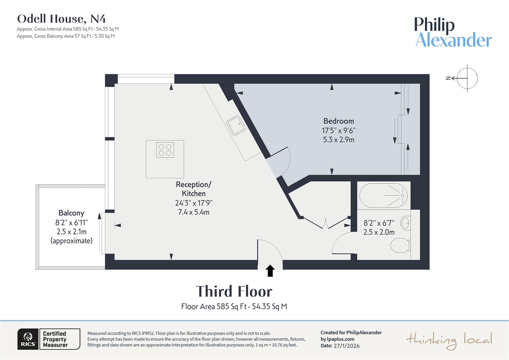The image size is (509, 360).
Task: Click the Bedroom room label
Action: tap(338, 121)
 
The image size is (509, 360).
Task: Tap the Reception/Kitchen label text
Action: tap(194, 189)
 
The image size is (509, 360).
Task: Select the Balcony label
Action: tap(71, 213)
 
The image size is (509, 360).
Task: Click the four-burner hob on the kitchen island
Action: tap(165, 150)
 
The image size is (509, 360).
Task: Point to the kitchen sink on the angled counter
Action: tap(236, 125)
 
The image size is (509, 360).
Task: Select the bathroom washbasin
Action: tap(405, 223)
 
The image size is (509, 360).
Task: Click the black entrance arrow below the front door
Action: tap(270, 271)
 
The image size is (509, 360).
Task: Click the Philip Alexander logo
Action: tap(453, 32)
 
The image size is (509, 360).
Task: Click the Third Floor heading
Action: tap(234, 291)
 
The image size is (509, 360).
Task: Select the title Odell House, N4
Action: tap(61, 19)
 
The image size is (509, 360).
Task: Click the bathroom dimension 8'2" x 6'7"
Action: tap(379, 223)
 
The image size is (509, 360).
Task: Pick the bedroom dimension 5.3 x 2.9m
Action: tap(338, 140)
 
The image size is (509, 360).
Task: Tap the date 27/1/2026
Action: tap(346, 346)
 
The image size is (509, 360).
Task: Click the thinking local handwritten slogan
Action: tap(449, 340)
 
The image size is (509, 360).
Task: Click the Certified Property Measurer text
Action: tap(55, 339)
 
